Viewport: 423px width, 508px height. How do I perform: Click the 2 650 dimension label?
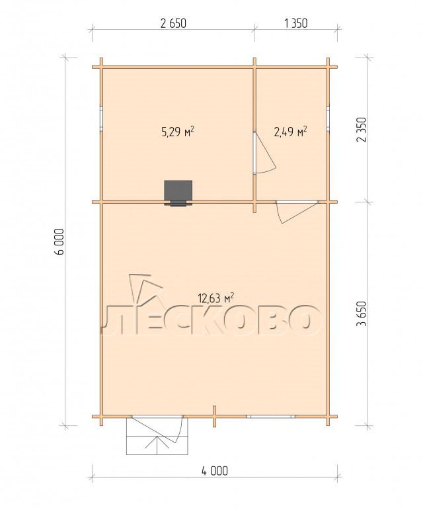pos(173,24)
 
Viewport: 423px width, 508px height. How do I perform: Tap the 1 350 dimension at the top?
pos(295,24)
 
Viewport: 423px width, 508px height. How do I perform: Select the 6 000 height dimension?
pos(60,241)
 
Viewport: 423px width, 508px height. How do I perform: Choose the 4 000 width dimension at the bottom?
pos(215,471)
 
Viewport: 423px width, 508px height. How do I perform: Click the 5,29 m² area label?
pos(177,132)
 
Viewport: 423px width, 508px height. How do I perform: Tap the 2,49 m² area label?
pos(290,132)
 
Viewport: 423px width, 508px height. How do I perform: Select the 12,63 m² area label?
pos(216,298)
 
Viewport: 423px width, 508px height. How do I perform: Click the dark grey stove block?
pos(178,192)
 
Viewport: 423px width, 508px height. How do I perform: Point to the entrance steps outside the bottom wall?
pos(157,436)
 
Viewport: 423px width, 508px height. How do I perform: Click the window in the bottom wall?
pos(271,416)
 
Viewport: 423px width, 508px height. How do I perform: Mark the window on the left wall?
pos(101,118)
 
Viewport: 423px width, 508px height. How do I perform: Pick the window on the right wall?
pos(328,118)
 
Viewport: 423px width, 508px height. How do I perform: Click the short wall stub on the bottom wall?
pos(214,416)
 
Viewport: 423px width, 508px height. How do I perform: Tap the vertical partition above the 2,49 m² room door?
pos(254,95)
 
